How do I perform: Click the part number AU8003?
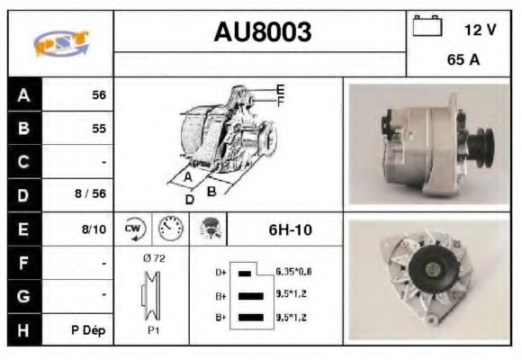(262, 33)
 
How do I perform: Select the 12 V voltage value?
(480, 30)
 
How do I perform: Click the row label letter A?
(23, 94)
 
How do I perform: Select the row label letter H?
(23, 329)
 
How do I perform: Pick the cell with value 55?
(98, 129)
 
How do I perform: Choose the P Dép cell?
(88, 330)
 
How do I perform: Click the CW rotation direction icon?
(133, 229)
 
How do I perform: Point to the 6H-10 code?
(290, 230)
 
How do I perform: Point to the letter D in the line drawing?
(189, 199)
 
